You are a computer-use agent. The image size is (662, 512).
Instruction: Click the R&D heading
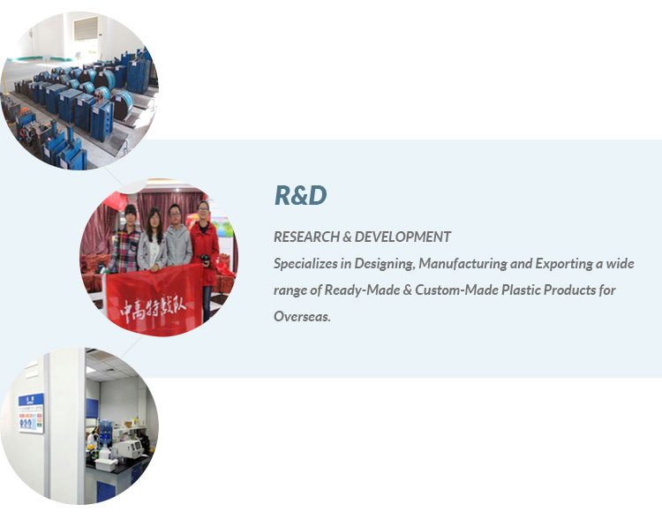tap(301, 195)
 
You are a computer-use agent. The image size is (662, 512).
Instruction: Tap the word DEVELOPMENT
tap(402, 237)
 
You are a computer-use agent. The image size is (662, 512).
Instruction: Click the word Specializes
tap(305, 264)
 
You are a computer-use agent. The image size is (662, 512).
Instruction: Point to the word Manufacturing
tap(463, 264)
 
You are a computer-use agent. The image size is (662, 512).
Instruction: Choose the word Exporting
tap(564, 264)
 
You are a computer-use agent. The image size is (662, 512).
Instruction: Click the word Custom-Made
tap(456, 290)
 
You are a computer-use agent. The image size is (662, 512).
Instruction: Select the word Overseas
tap(302, 316)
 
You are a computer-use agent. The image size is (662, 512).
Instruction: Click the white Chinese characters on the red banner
tap(154, 309)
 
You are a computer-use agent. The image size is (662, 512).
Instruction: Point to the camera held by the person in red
tap(205, 259)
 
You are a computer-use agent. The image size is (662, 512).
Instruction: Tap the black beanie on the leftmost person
tap(131, 209)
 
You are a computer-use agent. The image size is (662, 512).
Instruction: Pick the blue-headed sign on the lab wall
tap(31, 413)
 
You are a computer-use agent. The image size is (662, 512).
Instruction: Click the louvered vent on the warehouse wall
tap(87, 28)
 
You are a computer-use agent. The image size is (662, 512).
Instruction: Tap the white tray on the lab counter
tap(106, 464)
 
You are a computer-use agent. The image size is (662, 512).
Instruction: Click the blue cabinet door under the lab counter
tap(106, 491)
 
